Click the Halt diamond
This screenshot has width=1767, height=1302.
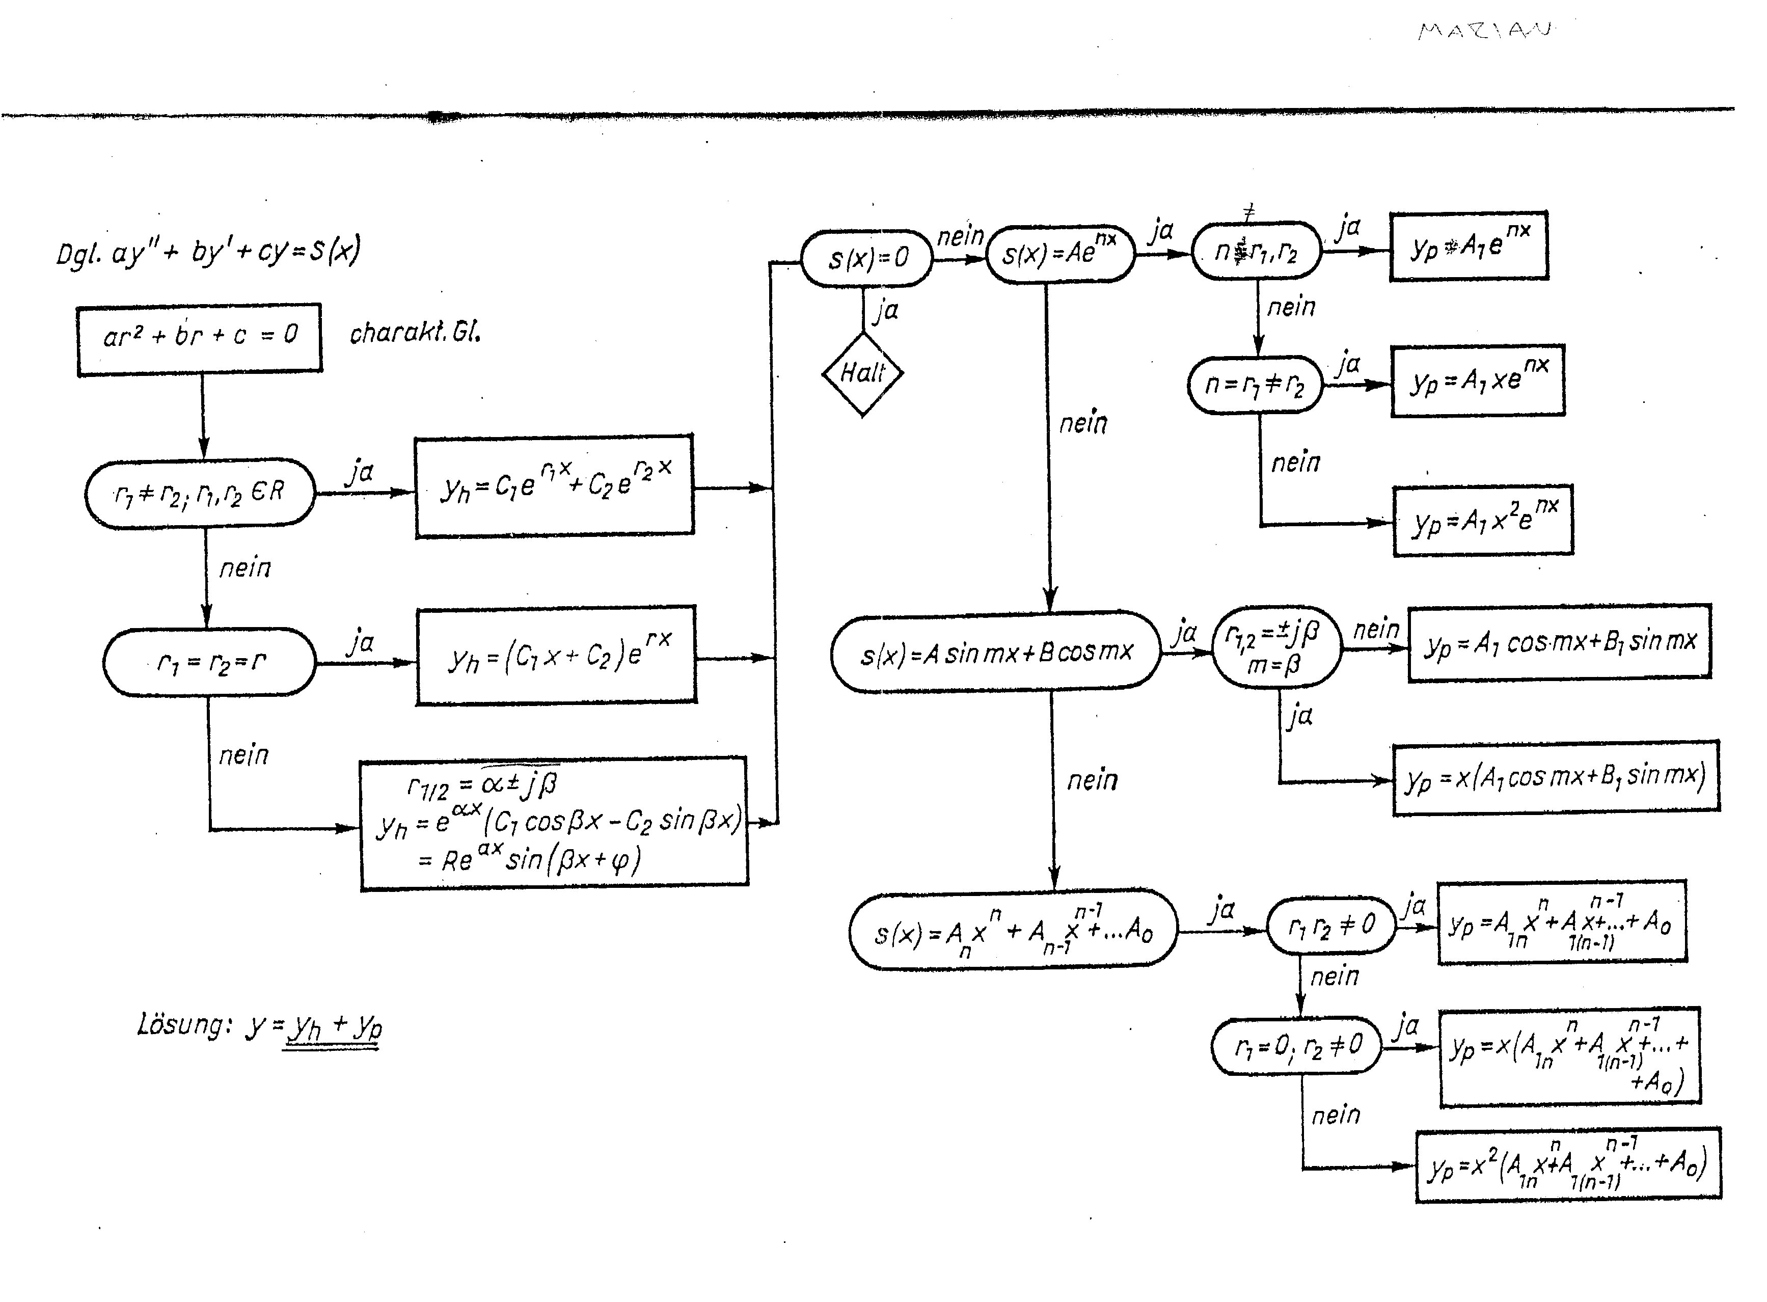point(862,373)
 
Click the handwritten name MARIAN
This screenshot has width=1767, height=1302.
point(1484,31)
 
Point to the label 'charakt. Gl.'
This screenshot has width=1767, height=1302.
point(415,333)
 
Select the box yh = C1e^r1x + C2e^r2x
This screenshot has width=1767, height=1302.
point(555,486)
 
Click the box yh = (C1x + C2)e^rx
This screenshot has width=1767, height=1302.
point(556,656)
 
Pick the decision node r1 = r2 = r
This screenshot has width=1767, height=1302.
point(210,662)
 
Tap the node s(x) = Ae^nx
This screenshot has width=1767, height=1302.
point(1059,253)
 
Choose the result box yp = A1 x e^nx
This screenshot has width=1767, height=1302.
point(1478,381)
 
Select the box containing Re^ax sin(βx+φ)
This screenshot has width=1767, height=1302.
point(553,824)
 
